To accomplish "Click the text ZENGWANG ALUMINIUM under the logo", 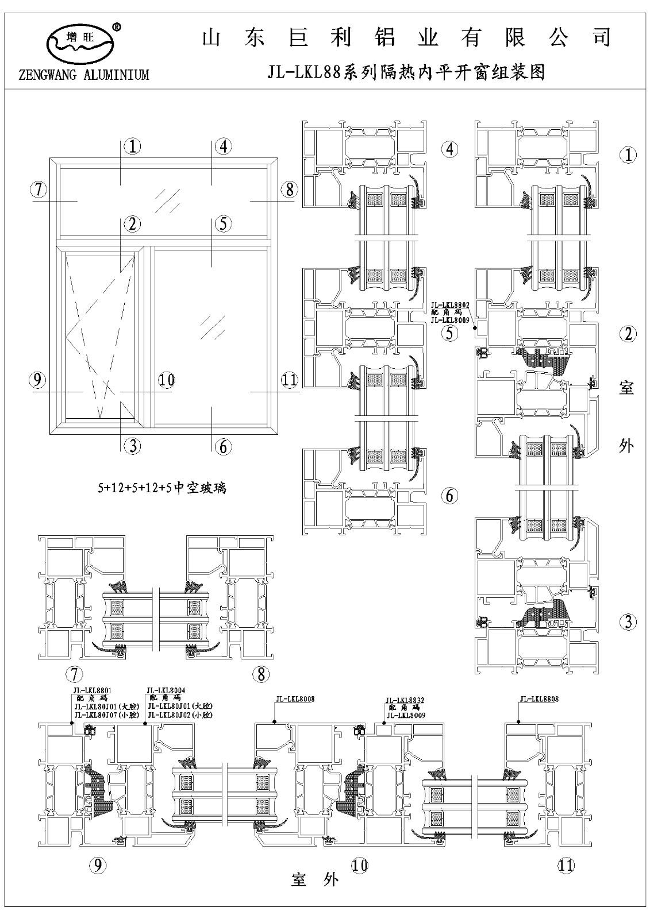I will (84, 75).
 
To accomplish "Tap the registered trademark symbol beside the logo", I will (117, 26).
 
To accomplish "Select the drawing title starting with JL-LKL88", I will (406, 72).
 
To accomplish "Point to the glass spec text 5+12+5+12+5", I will (163, 488).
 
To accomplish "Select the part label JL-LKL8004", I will (166, 690).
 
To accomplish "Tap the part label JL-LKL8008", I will (295, 699).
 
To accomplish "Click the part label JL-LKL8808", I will (539, 699).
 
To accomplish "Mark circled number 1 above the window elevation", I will (133, 147).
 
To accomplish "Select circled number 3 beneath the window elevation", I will (133, 446).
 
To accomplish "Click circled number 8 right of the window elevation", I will (289, 189).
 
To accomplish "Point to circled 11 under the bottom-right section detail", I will (566, 866).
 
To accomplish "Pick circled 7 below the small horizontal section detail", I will (74, 673).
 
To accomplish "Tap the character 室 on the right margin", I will (626, 388).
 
